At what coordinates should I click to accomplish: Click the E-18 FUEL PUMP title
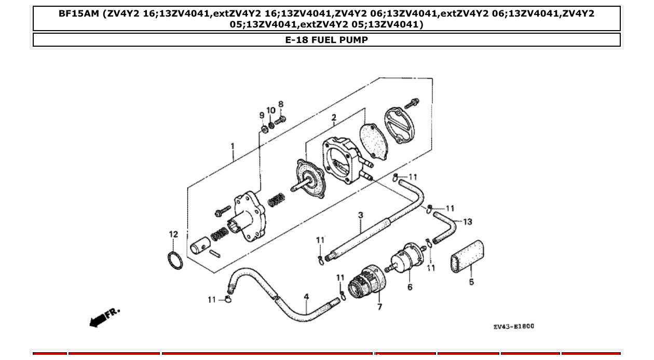pyautogui.click(x=326, y=40)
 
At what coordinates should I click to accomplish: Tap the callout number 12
pyautogui.click(x=173, y=234)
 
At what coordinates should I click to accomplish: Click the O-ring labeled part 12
pyautogui.click(x=176, y=260)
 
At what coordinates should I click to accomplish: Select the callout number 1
pyautogui.click(x=233, y=147)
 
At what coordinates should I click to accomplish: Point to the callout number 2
pyautogui.click(x=334, y=118)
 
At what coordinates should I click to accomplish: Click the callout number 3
pyautogui.click(x=360, y=215)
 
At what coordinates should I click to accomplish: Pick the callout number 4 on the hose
pyautogui.click(x=307, y=297)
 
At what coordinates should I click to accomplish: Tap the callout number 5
pyautogui.click(x=471, y=282)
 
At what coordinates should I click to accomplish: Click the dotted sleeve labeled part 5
pyautogui.click(x=467, y=256)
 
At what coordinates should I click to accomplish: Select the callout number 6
pyautogui.click(x=410, y=287)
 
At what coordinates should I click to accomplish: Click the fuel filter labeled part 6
pyautogui.click(x=406, y=258)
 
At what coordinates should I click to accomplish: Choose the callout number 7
pyautogui.click(x=379, y=307)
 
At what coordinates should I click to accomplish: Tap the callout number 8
pyautogui.click(x=281, y=104)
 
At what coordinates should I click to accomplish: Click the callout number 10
pyautogui.click(x=271, y=110)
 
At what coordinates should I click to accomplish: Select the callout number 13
pyautogui.click(x=467, y=222)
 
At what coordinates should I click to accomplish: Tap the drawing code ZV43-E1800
pyautogui.click(x=513, y=326)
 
